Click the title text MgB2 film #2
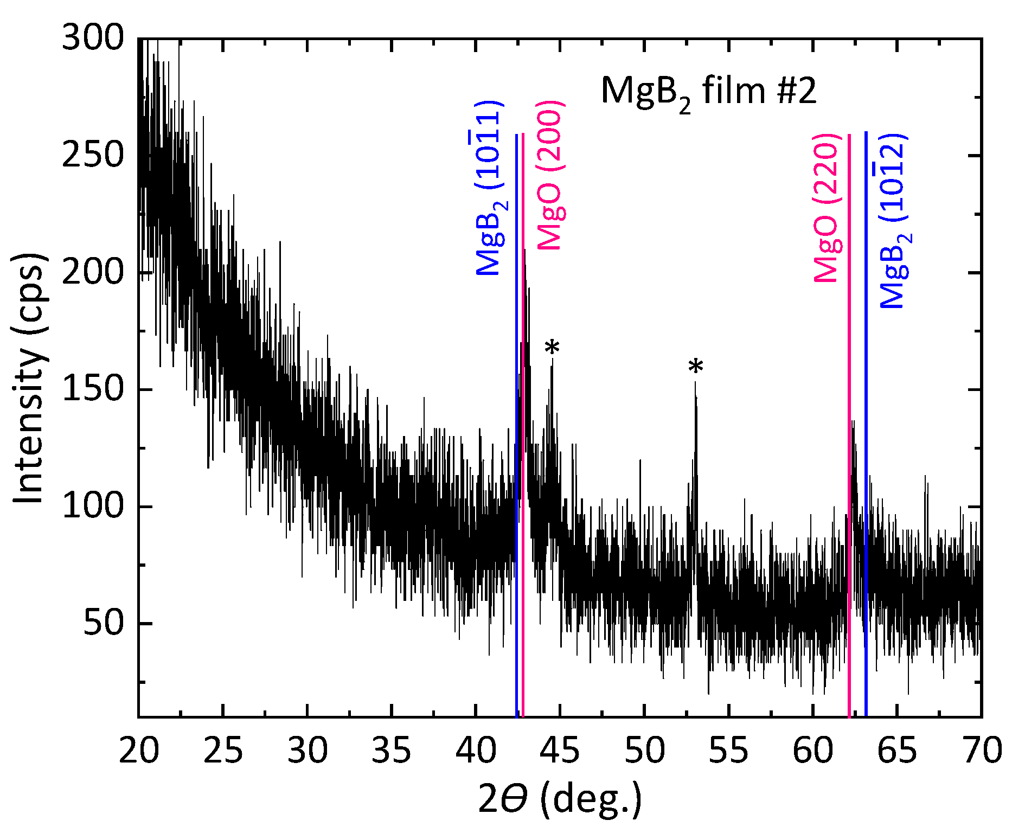pos(708,91)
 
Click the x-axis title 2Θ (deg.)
pos(560,799)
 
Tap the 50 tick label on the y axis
pos(103,624)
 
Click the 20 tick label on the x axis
pos(139,751)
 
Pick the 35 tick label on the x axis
pos(392,751)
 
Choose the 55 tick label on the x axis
pos(729,751)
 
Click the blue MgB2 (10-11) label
pos(489,188)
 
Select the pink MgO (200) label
pos(550,176)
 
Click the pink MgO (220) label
pos(827,207)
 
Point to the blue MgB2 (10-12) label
pos(893,221)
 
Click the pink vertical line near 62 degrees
pos(849,434)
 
